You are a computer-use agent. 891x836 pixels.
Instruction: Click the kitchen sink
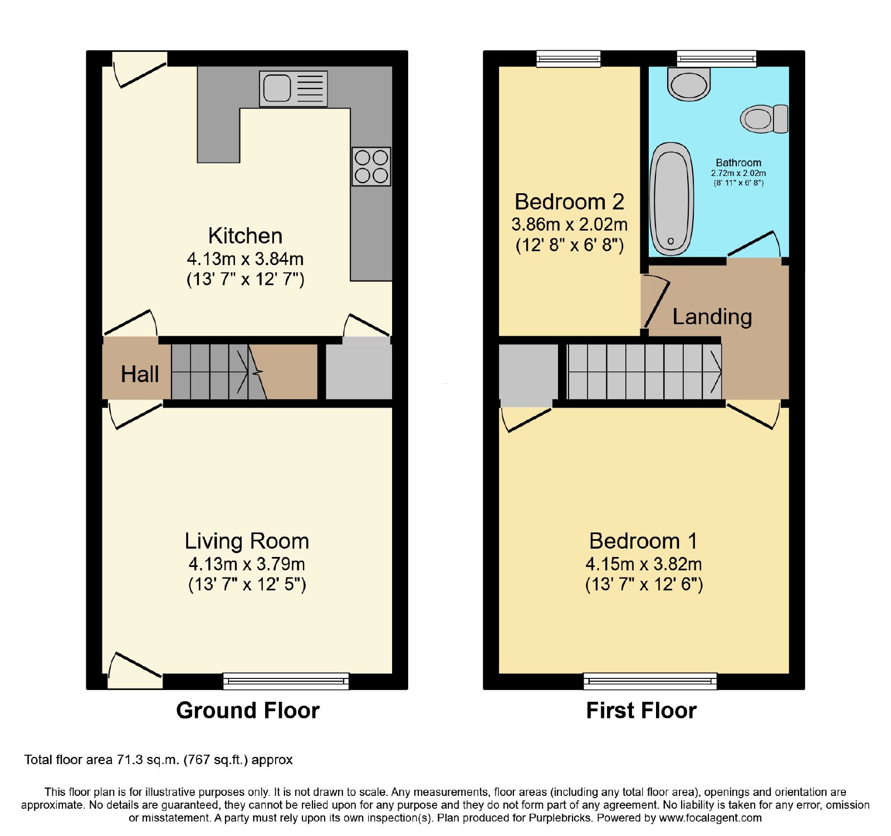pyautogui.click(x=293, y=89)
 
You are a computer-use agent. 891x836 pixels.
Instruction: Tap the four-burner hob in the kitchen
pyautogui.click(x=371, y=167)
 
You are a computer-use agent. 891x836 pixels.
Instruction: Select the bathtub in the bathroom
pyautogui.click(x=672, y=198)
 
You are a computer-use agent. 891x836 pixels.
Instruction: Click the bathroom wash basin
pyautogui.click(x=689, y=84)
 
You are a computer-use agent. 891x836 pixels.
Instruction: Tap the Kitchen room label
pyautogui.click(x=245, y=236)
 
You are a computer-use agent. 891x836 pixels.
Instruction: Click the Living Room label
pyautogui.click(x=247, y=541)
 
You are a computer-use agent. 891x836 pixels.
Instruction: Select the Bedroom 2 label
pyautogui.click(x=569, y=202)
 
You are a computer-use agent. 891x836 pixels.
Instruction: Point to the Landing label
pyautogui.click(x=712, y=316)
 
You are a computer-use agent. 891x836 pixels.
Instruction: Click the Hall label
pyautogui.click(x=140, y=374)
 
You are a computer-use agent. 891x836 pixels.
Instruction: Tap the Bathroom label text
pyautogui.click(x=738, y=163)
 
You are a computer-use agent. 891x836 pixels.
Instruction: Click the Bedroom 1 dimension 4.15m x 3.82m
pyautogui.click(x=644, y=564)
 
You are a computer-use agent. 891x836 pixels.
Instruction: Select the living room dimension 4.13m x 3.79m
pyautogui.click(x=247, y=564)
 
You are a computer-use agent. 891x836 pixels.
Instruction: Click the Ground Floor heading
pyautogui.click(x=248, y=711)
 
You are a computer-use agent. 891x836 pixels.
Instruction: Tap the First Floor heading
pyautogui.click(x=642, y=711)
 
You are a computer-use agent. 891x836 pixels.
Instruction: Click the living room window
pyautogui.click(x=286, y=681)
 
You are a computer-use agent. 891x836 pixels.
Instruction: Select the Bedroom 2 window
pyautogui.click(x=569, y=58)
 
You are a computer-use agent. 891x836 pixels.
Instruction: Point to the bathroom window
pyautogui.click(x=717, y=58)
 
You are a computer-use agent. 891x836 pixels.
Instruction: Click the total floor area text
pyautogui.click(x=159, y=760)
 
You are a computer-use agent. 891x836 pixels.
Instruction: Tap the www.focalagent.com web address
pyautogui.click(x=710, y=818)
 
